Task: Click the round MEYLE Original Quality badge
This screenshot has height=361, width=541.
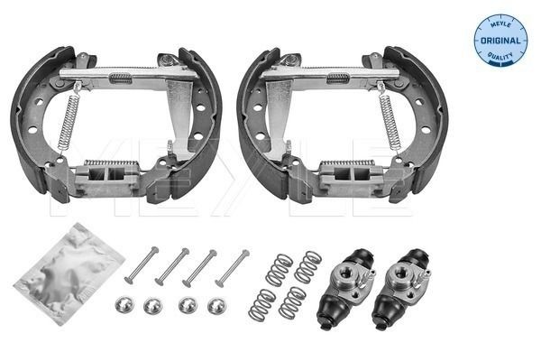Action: [500, 41]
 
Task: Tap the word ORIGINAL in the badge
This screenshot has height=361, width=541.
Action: [500, 41]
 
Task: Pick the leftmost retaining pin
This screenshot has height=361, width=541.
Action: [141, 265]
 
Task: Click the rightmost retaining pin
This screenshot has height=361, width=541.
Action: [231, 267]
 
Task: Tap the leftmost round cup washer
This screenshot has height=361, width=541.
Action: [124, 305]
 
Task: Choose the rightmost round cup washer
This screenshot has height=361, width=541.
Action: [216, 306]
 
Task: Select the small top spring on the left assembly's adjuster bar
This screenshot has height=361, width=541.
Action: [120, 79]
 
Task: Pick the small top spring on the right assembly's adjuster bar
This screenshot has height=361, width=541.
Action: [337, 78]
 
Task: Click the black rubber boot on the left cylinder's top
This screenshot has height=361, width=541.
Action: [359, 257]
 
